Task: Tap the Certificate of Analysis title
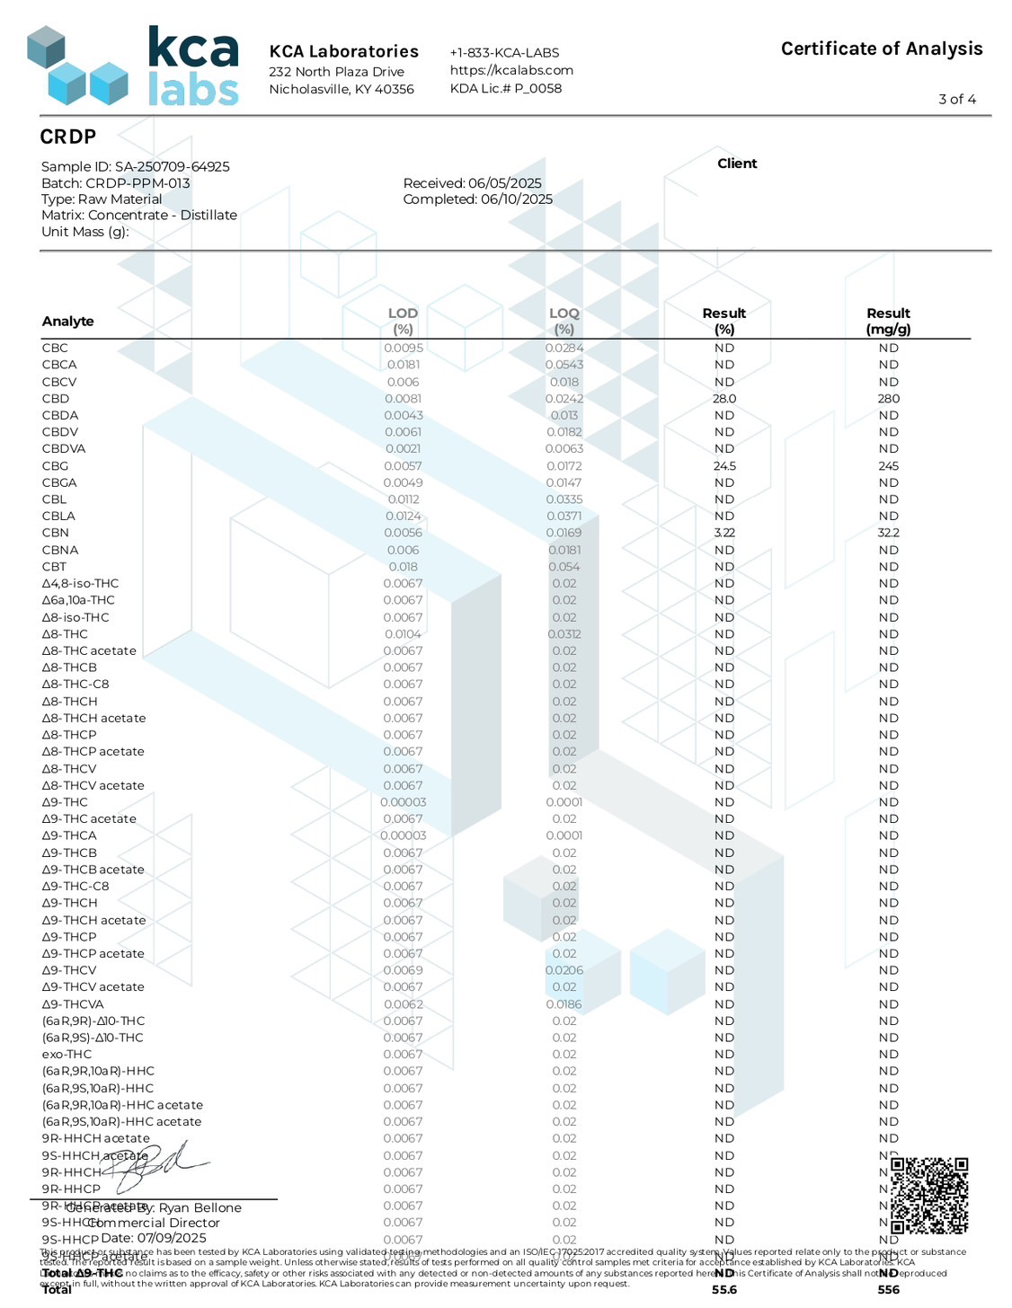[881, 49]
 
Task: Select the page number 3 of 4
[956, 100]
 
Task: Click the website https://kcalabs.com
[511, 70]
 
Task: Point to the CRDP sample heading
[68, 137]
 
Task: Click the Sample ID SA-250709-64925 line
[136, 167]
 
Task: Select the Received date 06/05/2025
[472, 183]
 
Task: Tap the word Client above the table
[737, 163]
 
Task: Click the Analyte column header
[68, 322]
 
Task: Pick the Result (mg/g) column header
[888, 321]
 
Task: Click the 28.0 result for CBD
[724, 399]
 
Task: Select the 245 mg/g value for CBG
[888, 466]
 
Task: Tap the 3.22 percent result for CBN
[724, 533]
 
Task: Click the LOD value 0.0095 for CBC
[403, 349]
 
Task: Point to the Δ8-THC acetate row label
[89, 651]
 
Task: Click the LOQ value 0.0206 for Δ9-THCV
[564, 970]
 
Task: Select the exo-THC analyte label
[67, 1055]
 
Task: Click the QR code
[928, 1196]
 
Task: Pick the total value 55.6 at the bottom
[724, 1290]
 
